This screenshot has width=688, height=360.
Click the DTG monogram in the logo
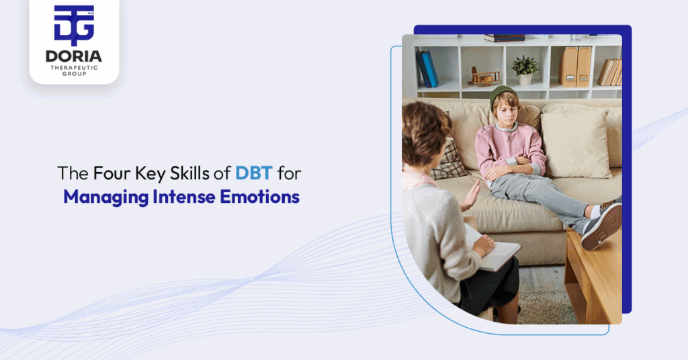point(74,26)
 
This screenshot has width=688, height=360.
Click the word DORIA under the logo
point(74,56)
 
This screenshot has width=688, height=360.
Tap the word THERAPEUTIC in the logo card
point(74,68)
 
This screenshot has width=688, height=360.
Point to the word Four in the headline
point(110,173)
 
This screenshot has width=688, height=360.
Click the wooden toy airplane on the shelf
point(485,76)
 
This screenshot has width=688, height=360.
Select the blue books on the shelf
point(427,69)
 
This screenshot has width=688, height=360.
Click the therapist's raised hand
point(470,195)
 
